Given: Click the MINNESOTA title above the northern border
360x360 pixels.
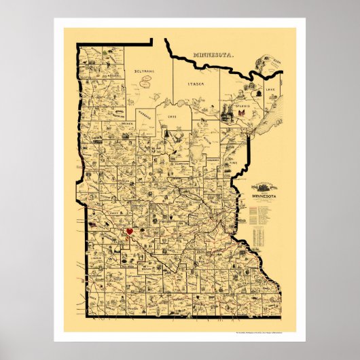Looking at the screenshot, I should click(x=212, y=54).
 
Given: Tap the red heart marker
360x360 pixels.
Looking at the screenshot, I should click(x=129, y=232).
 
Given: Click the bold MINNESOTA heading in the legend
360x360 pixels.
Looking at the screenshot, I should click(x=265, y=196).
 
